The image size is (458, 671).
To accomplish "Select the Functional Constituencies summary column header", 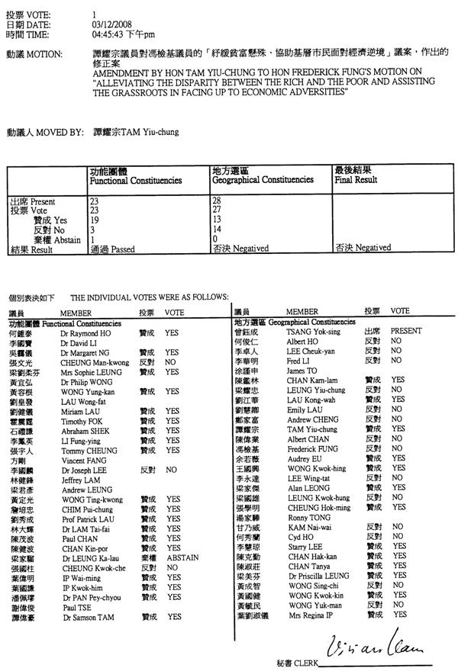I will coord(135,176).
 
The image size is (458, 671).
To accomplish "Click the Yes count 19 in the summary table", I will coord(95,220).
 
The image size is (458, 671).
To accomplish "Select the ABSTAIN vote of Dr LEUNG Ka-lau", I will coord(182,557).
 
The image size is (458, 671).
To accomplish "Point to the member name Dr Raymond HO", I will coord(85,333).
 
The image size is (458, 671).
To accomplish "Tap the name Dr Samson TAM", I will coord(88,615).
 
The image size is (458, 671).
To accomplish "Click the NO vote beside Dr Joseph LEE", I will coord(171,470).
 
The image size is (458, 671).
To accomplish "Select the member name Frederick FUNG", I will coord(313,449).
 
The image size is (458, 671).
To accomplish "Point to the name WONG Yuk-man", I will coord(313,604).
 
